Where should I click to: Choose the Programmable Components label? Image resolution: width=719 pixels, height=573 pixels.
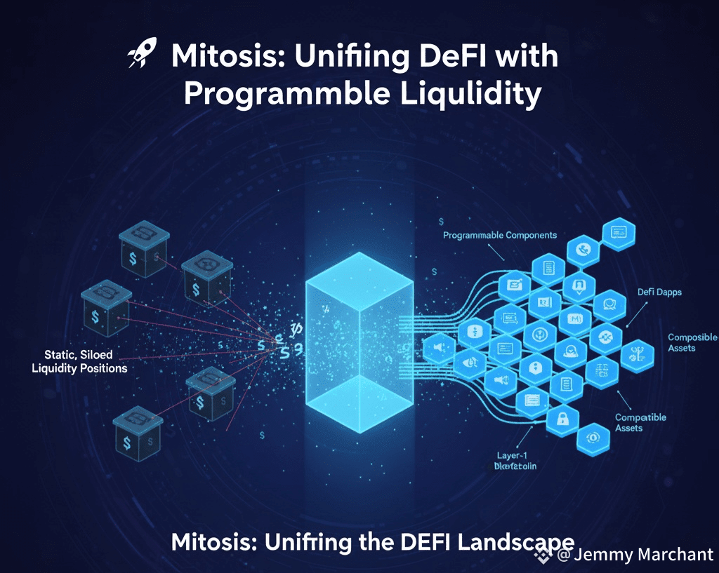coord(500,235)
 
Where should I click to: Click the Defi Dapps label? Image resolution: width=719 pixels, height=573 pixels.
coord(660,291)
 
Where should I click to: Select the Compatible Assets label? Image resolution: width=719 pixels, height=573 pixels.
coord(640,422)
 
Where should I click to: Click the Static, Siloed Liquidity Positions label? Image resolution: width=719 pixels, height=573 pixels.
coord(80,361)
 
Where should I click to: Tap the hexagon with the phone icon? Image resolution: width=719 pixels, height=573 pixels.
coord(582,248)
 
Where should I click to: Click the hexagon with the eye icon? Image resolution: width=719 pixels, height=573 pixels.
coord(588,438)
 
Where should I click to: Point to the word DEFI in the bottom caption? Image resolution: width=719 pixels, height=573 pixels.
coord(402,543)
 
